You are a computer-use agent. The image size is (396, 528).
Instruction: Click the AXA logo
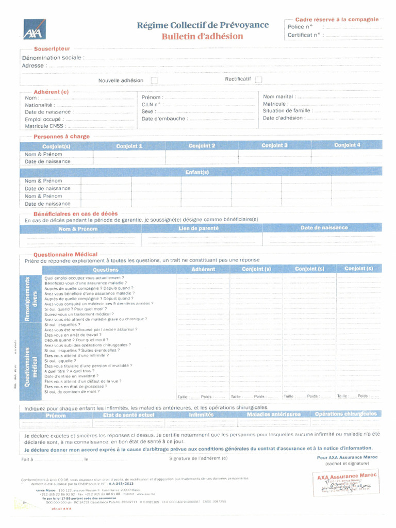click(34, 29)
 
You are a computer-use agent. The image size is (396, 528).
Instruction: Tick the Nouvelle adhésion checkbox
click(154, 80)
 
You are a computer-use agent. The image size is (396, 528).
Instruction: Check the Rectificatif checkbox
click(258, 79)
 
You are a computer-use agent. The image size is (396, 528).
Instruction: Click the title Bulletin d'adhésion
click(202, 37)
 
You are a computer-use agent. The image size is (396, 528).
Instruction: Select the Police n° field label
click(300, 27)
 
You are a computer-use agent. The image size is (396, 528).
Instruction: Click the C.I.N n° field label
click(153, 104)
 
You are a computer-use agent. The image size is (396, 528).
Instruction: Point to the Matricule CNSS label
click(44, 126)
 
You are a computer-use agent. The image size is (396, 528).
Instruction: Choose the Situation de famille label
click(287, 110)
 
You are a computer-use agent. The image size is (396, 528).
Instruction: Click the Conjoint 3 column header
click(274, 145)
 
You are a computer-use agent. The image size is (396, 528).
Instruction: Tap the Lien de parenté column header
click(199, 228)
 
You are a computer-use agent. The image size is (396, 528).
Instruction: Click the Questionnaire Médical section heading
click(65, 255)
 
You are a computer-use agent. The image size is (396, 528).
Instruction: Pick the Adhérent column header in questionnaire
click(203, 269)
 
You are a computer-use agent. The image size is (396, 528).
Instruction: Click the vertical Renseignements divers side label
click(31, 298)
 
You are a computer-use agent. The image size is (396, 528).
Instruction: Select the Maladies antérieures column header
click(273, 414)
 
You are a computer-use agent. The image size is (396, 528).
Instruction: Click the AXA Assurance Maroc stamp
click(346, 483)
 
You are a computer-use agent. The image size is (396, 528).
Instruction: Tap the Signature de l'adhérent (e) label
click(198, 458)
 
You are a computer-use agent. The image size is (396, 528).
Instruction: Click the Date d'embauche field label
click(164, 119)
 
